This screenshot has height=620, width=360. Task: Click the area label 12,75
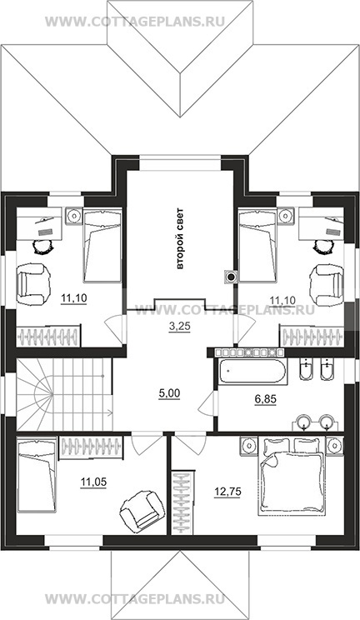coord(227,492)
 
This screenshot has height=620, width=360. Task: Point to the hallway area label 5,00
coord(169,393)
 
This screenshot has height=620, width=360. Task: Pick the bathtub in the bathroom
coord(251,371)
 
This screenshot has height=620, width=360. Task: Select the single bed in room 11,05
coord(37,473)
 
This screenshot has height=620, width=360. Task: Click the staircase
coord(64,394)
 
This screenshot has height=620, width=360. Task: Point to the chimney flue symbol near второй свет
coord(231,276)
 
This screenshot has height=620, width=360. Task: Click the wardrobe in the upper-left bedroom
coord(48,336)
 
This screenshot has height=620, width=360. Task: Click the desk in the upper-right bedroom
coord(321,224)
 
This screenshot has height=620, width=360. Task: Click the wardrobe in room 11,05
coord(91,447)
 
